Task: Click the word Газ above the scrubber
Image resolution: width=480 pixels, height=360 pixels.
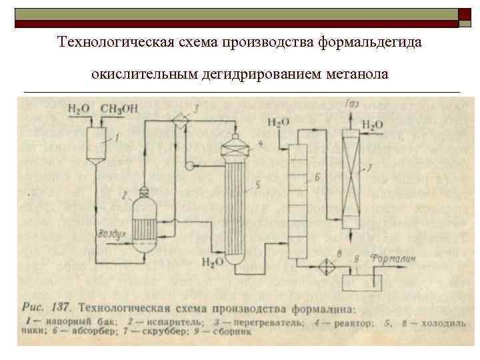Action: pyautogui.click(x=353, y=103)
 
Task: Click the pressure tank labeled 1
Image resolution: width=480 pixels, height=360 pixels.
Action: pyautogui.click(x=97, y=140)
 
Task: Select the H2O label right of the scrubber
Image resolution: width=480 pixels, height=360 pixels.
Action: pyautogui.click(x=373, y=124)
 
